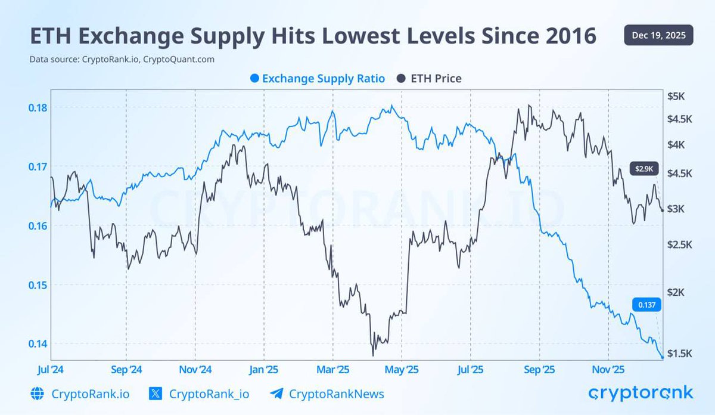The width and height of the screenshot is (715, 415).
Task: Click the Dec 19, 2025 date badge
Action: click(x=658, y=35)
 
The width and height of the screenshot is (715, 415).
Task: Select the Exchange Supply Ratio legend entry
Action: click(x=318, y=78)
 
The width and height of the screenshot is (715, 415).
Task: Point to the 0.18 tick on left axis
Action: click(x=38, y=107)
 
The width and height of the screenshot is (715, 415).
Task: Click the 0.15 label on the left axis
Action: click(x=38, y=284)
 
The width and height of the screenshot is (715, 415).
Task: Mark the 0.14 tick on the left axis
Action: click(x=38, y=343)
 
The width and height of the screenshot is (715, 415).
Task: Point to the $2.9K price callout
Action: click(x=643, y=169)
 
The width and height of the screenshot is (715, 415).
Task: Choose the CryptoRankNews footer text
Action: click(x=336, y=394)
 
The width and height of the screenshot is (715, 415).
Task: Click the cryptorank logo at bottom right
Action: click(x=641, y=393)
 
